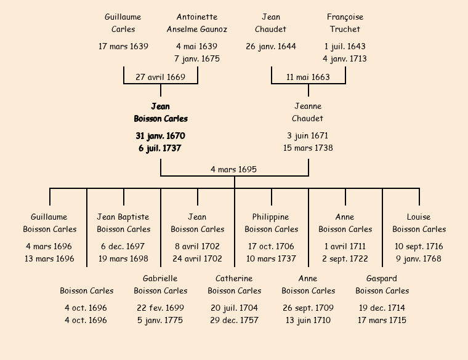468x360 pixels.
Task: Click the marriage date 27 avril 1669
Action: pos(160,77)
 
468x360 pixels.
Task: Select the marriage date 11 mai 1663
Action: pos(308,77)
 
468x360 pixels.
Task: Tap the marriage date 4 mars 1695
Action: pos(233,169)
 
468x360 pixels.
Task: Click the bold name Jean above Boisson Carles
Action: pos(160,106)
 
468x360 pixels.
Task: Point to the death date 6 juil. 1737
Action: pos(160,148)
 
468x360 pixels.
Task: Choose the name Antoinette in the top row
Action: pos(197,17)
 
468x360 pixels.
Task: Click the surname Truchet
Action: pos(345,29)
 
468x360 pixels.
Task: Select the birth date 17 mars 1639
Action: pos(123,46)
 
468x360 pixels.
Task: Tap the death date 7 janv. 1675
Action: pos(197,58)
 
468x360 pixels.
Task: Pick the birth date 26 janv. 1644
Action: pos(271,46)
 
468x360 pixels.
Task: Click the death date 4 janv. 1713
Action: pos(345,58)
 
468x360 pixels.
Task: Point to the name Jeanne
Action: pos(308,106)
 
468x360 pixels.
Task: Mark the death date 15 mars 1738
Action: pos(308,148)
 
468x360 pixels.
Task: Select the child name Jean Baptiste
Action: pos(123,217)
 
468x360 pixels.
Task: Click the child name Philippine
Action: pos(271,217)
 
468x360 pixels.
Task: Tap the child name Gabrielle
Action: pos(160,278)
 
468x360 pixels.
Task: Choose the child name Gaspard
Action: pos(382,278)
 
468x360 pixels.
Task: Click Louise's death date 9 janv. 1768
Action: pos(419,258)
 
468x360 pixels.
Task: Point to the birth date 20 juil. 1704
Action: pos(234,308)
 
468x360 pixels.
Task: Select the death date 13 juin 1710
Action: pos(308,320)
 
